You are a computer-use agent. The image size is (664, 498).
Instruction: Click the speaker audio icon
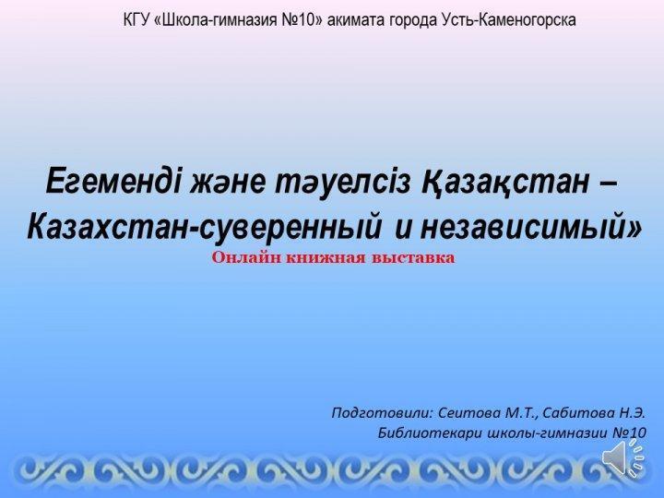622,458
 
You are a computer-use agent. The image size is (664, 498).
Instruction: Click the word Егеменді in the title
114,181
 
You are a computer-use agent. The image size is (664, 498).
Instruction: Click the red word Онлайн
246,258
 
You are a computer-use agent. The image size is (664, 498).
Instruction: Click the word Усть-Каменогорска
508,20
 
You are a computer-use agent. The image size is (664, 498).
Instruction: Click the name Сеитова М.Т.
488,413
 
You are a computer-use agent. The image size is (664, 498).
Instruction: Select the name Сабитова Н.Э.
594,413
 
